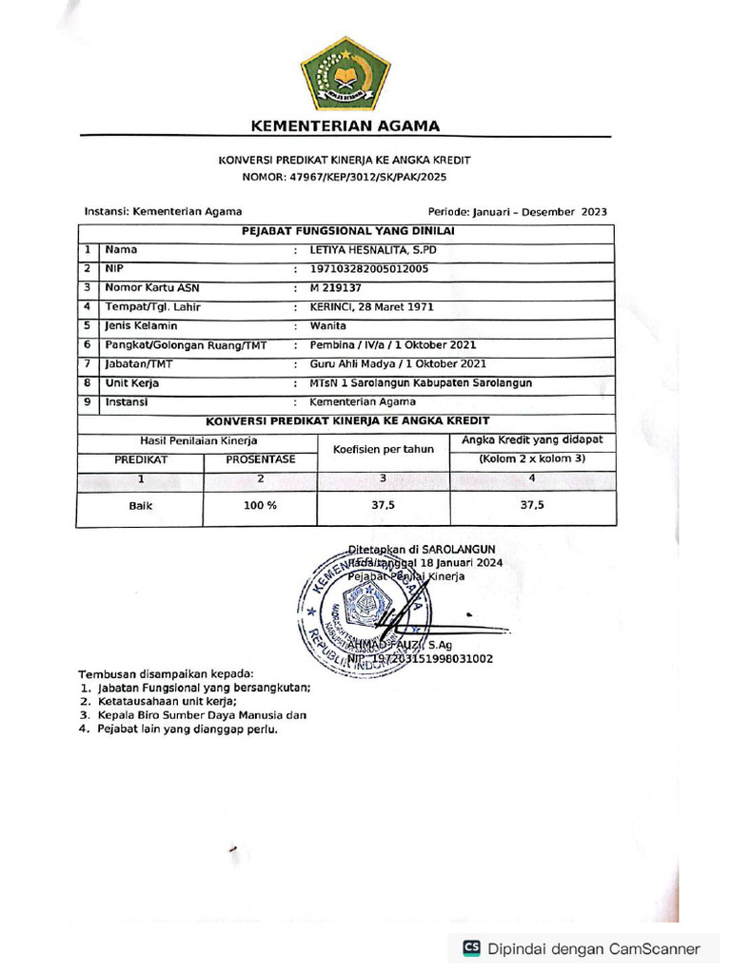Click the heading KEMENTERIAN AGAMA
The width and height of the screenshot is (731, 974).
pyautogui.click(x=345, y=127)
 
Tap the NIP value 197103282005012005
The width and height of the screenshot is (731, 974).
pyautogui.click(x=369, y=268)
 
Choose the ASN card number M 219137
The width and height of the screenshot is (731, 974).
pyautogui.click(x=336, y=287)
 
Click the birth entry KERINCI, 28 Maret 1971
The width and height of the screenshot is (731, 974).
pyautogui.click(x=372, y=307)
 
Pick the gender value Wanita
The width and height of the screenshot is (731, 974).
pyautogui.click(x=328, y=325)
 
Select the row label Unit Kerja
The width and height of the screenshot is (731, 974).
pyautogui.click(x=132, y=383)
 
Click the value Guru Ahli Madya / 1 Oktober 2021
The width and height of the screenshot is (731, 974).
pyautogui.click(x=398, y=363)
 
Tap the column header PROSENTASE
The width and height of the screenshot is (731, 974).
pyautogui.click(x=260, y=459)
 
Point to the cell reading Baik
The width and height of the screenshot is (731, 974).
pyautogui.click(x=141, y=506)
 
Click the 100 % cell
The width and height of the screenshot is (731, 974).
pyautogui.click(x=260, y=506)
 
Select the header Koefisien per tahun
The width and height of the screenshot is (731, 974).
pyautogui.click(x=384, y=449)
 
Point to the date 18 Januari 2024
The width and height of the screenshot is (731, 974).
pyautogui.click(x=463, y=562)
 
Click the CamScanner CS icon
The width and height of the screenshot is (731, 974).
pyautogui.click(x=471, y=947)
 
